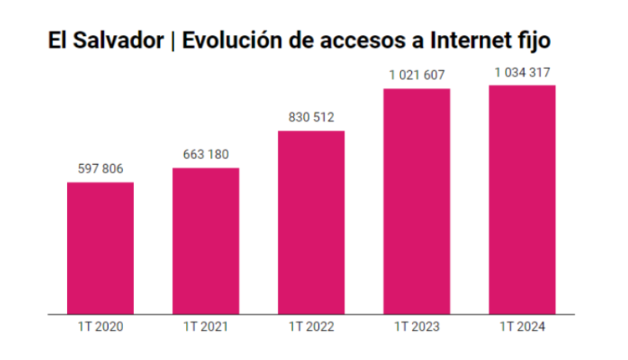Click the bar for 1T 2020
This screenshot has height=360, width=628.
[x=100, y=248]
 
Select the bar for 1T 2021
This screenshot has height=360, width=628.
[x=206, y=241]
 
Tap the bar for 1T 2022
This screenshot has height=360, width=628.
[x=311, y=222]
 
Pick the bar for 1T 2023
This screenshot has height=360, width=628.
[x=417, y=201]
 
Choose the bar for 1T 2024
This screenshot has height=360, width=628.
[x=522, y=199]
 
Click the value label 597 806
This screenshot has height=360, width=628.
[x=100, y=169]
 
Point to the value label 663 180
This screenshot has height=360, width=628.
[x=206, y=155]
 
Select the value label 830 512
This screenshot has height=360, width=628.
[x=311, y=117]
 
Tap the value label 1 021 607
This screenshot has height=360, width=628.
[x=417, y=75]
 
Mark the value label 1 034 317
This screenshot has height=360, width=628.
[x=522, y=73]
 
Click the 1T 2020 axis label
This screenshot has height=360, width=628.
[x=100, y=327]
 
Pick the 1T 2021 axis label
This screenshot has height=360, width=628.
[x=206, y=327]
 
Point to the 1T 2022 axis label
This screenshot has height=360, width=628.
[x=311, y=327]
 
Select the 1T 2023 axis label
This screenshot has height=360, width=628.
[x=417, y=327]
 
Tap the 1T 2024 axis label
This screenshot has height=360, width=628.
[x=522, y=327]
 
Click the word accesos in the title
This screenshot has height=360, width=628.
[x=363, y=40]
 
